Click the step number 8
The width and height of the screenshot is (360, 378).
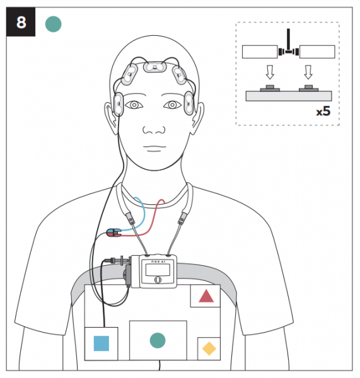click(21, 23)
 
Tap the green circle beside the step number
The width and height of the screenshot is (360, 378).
click(54, 24)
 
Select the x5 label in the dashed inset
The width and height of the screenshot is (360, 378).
click(323, 111)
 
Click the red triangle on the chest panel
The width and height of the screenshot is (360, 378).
click(206, 296)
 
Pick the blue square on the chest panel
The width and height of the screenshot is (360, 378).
click(102, 343)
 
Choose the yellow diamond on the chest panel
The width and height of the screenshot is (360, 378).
click(209, 348)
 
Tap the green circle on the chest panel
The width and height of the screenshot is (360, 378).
click(158, 340)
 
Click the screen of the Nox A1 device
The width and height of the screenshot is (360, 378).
click(158, 270)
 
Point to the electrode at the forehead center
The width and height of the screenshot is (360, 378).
click(154, 67)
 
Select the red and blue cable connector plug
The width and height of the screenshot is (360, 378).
click(113, 232)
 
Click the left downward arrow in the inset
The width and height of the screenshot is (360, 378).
click(270, 72)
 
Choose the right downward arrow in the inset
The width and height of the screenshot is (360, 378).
click(308, 72)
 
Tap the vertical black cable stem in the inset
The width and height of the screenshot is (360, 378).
click(288, 40)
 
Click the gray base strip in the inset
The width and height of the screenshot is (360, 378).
click(289, 96)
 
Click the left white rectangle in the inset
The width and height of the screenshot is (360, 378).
click(260, 52)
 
